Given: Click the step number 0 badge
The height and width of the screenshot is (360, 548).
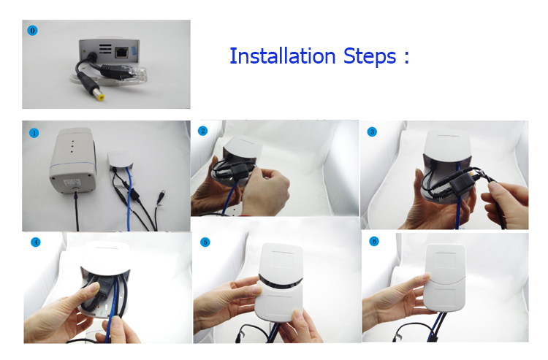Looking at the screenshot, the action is click(x=32, y=31).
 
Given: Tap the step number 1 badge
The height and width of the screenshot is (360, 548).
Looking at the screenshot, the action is click(x=34, y=133).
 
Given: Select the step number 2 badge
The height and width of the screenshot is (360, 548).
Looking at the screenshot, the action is click(x=202, y=131).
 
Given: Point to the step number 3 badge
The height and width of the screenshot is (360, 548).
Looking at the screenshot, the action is click(x=372, y=132).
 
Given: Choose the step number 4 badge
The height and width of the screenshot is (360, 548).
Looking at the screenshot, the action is click(x=35, y=242).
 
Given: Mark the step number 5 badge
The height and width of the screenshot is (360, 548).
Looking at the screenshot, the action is click(x=205, y=242).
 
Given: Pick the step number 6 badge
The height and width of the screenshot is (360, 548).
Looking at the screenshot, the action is click(x=374, y=241).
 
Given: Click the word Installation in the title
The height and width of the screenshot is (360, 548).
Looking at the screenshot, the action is click(x=282, y=56).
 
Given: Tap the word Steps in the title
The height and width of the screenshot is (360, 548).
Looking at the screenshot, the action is click(x=370, y=57).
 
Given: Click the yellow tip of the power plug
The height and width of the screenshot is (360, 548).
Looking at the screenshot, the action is click(x=100, y=96).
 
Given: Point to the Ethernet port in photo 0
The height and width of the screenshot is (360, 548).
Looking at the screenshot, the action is click(x=121, y=53).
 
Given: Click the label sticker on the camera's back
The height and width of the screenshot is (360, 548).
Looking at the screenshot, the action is click(x=72, y=183).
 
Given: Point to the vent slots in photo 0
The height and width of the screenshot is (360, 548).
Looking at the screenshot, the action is click(x=105, y=49).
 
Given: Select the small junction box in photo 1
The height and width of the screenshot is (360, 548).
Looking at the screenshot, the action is click(x=120, y=160).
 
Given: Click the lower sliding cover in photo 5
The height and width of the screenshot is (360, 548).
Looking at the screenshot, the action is click(x=279, y=300).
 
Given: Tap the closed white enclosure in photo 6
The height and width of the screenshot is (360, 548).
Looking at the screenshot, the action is click(x=444, y=277).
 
